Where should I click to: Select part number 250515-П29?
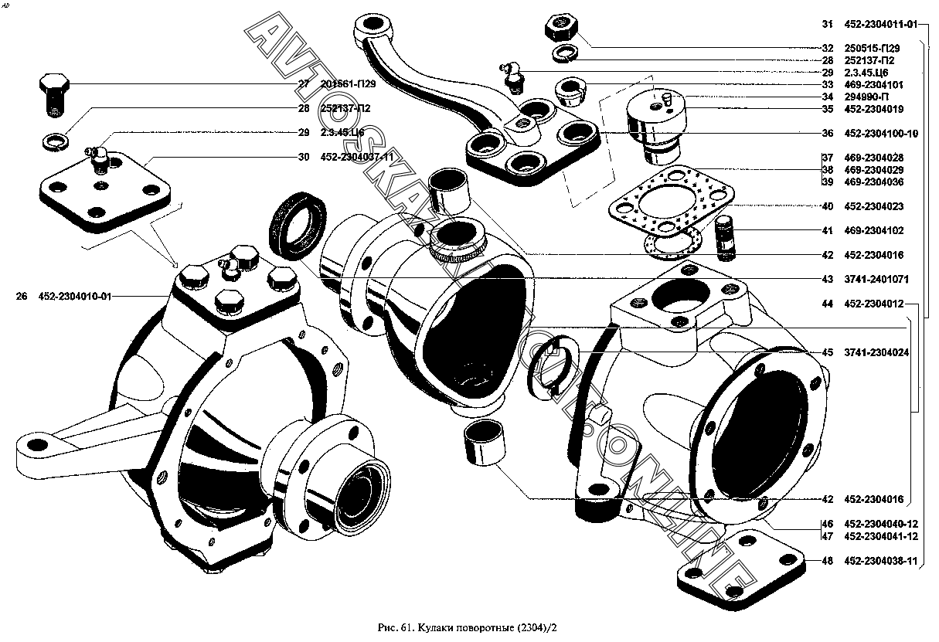(x=873, y=48)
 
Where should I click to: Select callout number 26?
(x=21, y=296)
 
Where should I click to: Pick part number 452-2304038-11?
(x=880, y=562)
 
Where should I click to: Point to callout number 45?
(x=827, y=352)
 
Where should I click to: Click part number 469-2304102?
(x=873, y=231)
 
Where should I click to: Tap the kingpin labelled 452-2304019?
(x=657, y=124)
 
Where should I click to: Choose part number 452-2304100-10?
(x=880, y=133)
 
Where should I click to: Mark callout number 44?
(x=827, y=304)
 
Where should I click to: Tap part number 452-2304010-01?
(x=74, y=296)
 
